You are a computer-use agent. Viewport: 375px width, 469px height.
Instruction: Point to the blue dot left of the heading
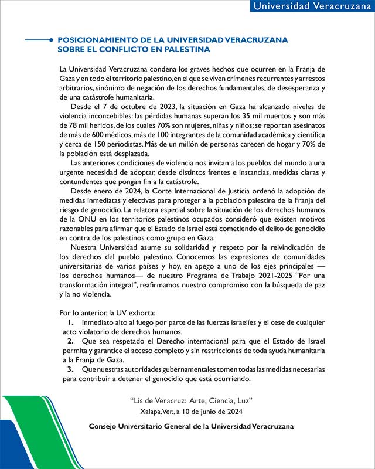(x=51, y=40)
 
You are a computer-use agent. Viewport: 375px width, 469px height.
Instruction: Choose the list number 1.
(x=70, y=322)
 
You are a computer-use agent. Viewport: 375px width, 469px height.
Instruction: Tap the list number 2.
(x=70, y=341)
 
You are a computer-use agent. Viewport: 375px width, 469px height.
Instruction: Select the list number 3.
(x=70, y=369)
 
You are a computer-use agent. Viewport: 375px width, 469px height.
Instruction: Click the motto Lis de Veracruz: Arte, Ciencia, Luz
(x=191, y=400)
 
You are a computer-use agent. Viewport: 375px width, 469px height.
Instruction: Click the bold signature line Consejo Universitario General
(x=191, y=425)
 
